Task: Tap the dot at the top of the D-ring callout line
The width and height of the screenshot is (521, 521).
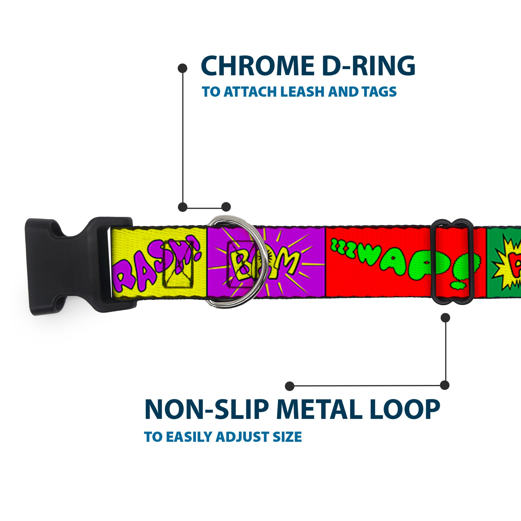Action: coord(183,68)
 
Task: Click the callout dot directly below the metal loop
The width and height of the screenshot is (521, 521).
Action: coord(445,318)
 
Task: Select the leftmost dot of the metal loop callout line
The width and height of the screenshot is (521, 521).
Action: coord(290,386)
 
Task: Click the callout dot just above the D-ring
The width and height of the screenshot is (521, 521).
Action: coord(226,207)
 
